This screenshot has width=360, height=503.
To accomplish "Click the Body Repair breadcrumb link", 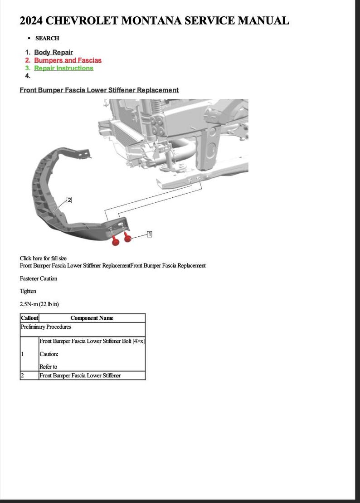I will point(53,52).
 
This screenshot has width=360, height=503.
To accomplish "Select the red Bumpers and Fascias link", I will point(68,60).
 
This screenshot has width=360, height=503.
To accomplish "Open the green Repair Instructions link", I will point(63,68).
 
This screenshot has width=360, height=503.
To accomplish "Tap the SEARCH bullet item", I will point(47,39).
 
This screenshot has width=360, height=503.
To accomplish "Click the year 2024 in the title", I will point(31,20).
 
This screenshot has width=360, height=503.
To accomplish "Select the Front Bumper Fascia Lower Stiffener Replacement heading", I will point(99,90).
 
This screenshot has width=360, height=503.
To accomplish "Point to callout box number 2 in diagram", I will point(69,200).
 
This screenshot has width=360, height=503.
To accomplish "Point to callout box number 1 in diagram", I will point(149,234).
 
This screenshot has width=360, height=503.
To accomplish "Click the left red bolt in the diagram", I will point(116,241).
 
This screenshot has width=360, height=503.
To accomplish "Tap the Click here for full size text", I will point(43,258).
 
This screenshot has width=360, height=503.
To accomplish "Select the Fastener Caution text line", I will point(39,278).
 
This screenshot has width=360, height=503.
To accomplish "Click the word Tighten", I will point(28,291).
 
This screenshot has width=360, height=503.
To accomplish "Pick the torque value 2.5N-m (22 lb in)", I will point(39,304).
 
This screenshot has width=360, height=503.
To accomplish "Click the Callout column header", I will point(29,318).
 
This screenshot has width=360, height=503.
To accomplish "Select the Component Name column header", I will point(92,318).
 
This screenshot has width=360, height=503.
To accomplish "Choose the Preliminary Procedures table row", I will point(46,327).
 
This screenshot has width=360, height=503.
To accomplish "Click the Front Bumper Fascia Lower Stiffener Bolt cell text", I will point(92,341).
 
